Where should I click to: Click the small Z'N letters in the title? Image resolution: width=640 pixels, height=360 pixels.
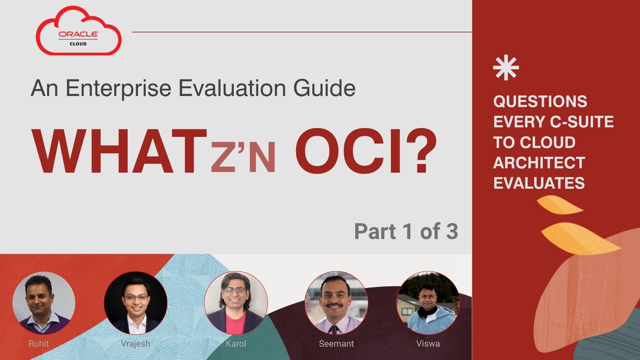tap(243, 157)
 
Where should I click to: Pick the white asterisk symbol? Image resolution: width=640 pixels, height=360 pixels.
tap(506, 68)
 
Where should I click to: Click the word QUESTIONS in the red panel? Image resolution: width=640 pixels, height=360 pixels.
tap(540, 102)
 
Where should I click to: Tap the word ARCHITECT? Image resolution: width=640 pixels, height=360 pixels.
tap(539, 163)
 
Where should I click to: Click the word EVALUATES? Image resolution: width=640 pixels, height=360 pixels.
tap(539, 183)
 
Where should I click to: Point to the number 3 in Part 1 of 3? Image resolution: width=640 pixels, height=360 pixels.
tap(452, 231)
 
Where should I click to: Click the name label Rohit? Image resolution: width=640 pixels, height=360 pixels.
tap(39, 344)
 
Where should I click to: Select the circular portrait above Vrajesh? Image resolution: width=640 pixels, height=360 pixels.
tap(136, 303)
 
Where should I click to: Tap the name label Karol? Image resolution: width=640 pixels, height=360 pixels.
tap(236, 344)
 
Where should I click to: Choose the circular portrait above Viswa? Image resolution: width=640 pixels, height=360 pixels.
tap(428, 303)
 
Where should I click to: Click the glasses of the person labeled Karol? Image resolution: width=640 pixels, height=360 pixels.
tap(235, 290)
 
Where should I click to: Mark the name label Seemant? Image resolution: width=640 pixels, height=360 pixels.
tap(336, 344)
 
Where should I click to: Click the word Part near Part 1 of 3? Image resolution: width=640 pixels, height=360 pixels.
tap(375, 231)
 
